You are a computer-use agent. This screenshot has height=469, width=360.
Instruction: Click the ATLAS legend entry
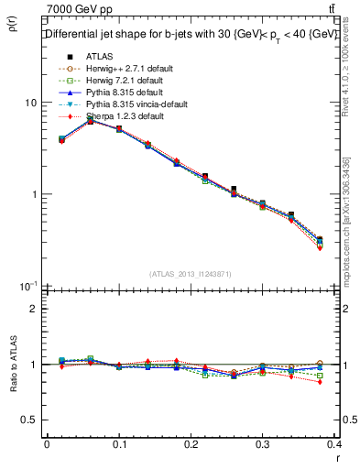click(101, 56)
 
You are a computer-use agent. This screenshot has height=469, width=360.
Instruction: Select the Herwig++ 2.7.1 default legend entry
click(125, 69)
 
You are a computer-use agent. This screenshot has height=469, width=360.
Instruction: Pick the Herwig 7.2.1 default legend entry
click(122, 81)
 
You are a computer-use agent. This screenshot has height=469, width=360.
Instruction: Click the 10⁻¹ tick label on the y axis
click(27, 286)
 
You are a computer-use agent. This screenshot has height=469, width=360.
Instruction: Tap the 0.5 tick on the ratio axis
click(29, 420)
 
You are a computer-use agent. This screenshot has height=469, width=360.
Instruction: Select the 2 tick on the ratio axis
click(34, 309)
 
